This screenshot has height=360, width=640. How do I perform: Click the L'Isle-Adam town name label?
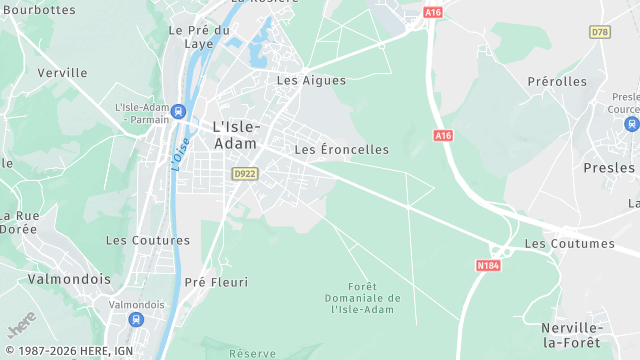tap(236, 135)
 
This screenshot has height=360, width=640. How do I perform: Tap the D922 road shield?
tap(244, 174)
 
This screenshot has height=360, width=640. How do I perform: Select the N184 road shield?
tap(487, 265)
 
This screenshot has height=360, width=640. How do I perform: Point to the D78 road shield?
tap(600, 32)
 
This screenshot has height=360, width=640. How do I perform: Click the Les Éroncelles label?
tap(341, 149)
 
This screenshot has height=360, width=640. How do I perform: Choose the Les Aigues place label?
tap(311, 80)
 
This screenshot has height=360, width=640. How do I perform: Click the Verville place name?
tap(62, 72)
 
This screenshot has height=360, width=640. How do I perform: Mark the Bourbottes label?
tap(39, 9)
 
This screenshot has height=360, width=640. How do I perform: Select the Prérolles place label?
tap(557, 81)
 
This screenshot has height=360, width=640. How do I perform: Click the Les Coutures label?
tap(141, 240)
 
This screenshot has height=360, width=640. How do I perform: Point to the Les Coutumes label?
tap(569, 243)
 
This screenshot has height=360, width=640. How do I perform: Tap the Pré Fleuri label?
tap(216, 282)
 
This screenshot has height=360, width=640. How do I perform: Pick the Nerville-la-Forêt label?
tap(571, 335)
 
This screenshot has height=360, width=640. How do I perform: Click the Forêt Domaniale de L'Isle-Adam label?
tap(362, 298)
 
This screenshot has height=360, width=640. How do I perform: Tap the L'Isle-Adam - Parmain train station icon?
tap(178, 111)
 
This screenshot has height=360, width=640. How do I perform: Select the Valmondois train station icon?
tap(136, 319)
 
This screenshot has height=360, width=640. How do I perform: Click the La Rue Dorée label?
tap(18, 222)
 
